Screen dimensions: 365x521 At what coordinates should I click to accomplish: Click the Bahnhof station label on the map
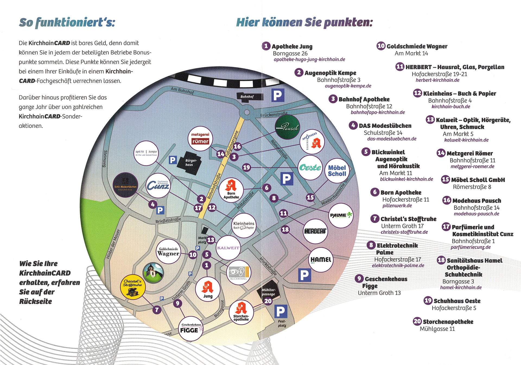click(x=247, y=97)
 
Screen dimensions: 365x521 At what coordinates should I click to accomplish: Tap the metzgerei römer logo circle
click(x=200, y=138)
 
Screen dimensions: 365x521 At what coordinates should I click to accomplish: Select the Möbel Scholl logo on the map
click(x=337, y=171)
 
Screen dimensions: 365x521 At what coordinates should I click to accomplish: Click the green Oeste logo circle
click(x=310, y=168)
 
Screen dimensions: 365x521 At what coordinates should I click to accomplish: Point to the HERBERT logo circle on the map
click(x=315, y=231)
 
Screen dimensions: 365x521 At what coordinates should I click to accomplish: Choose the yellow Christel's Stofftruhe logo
click(x=133, y=287)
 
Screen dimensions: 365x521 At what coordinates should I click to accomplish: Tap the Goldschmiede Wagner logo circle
click(x=169, y=251)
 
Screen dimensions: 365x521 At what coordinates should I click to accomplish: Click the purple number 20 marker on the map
click(x=268, y=301)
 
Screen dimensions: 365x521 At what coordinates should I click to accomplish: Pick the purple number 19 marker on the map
click(x=246, y=167)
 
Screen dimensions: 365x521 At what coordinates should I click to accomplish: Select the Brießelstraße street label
click(x=168, y=220)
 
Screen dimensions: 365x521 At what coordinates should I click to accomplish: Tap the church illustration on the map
click(x=153, y=273)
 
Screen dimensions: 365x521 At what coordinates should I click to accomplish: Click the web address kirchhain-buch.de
click(x=451, y=107)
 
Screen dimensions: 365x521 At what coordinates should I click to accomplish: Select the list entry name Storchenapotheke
click(x=448, y=322)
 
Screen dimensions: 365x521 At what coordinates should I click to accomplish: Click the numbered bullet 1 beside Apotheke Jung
click(x=266, y=46)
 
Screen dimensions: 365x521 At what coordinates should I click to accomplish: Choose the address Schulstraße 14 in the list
click(x=383, y=133)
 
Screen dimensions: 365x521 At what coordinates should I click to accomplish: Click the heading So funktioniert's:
click(x=67, y=22)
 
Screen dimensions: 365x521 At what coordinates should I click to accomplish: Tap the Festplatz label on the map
click(x=282, y=323)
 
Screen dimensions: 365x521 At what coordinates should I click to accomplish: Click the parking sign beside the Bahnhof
click(x=278, y=95)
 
